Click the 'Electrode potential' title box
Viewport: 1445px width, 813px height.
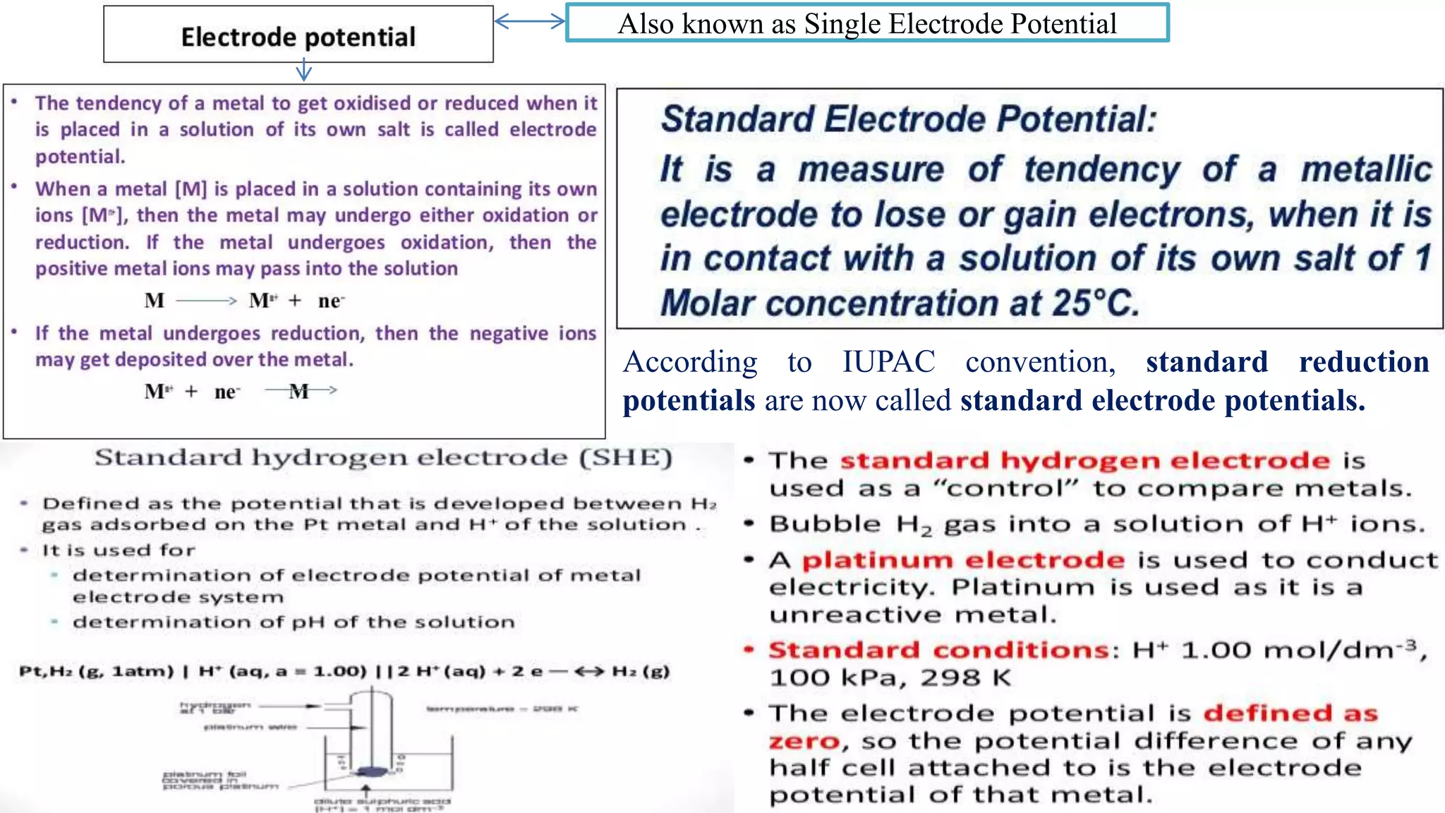[x=298, y=35]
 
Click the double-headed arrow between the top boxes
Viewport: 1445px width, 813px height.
[x=529, y=21]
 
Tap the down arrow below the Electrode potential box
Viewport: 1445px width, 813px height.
[x=303, y=71]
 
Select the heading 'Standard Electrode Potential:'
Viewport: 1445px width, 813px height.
[x=908, y=119]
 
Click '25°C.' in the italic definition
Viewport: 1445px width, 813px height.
[x=1095, y=303]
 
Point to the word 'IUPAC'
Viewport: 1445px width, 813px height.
[x=888, y=362]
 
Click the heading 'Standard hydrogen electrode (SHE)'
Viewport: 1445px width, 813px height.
[x=383, y=458]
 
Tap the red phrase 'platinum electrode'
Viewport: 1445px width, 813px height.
[x=963, y=560]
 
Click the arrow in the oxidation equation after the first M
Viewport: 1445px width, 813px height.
[x=206, y=301]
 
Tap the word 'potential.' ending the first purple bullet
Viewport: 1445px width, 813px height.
[x=80, y=157]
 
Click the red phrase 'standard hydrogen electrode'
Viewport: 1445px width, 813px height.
[x=1084, y=461]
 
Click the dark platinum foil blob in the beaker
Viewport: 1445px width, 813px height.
[x=368, y=772]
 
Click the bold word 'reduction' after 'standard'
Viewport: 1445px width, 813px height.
[x=1363, y=362]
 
